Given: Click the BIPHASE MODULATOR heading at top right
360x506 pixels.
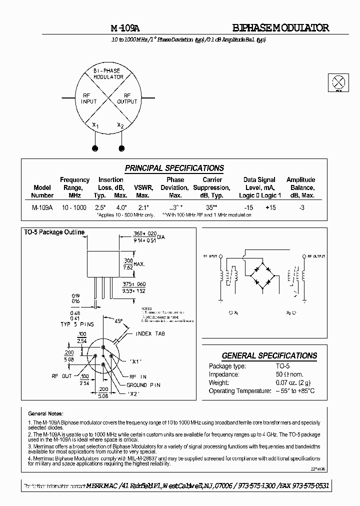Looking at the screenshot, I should pyautogui.click(x=280, y=28).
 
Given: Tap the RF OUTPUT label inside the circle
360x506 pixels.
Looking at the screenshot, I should pyautogui.click(x=127, y=98).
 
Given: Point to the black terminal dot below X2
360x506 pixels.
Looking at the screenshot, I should pyautogui.click(x=121, y=148).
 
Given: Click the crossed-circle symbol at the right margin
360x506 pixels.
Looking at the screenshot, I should pyautogui.click(x=338, y=82).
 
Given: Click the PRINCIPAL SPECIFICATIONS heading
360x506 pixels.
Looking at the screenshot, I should pyautogui.click(x=174, y=168).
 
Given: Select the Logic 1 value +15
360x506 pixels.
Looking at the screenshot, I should pyautogui.click(x=271, y=207).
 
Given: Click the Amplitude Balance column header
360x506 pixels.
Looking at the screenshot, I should pyautogui.click(x=300, y=187).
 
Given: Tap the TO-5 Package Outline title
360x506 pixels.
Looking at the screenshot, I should pyautogui.click(x=54, y=232).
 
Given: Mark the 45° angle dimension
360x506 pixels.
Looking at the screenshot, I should pyautogui.click(x=118, y=321).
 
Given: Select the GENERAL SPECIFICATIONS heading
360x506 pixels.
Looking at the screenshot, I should pyautogui.click(x=269, y=355).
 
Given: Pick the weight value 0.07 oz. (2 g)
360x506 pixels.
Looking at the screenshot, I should pyautogui.click(x=279, y=382).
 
